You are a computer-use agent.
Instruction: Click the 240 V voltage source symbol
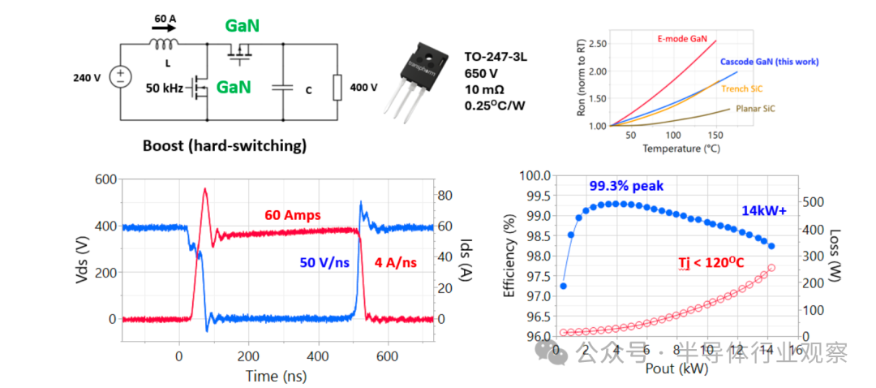click(x=120, y=78)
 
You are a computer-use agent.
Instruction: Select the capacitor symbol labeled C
click(x=282, y=88)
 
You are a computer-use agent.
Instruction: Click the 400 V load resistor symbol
click(x=337, y=87)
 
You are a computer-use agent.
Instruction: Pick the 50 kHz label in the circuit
click(x=165, y=87)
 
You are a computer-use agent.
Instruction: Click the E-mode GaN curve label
click(x=681, y=37)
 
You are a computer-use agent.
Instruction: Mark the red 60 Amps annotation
click(x=292, y=215)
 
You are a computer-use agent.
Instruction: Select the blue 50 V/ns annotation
click(x=328, y=261)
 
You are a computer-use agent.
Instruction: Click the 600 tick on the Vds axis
click(x=105, y=180)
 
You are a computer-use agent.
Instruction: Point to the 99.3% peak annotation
click(x=626, y=186)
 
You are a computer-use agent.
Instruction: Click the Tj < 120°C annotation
click(x=712, y=262)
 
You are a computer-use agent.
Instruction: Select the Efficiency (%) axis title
click(x=510, y=256)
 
